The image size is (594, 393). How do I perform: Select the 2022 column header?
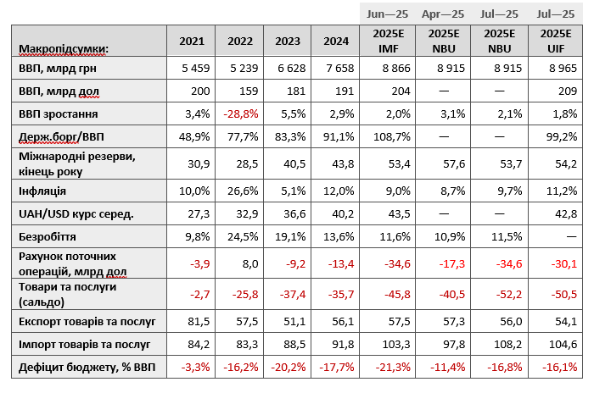pos(240,42)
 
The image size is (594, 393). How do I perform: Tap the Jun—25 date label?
pos(387,14)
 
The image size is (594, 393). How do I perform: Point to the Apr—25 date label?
pos(443,14)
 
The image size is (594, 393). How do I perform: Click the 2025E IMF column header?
pos(389,42)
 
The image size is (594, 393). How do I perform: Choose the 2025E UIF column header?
pos(556,42)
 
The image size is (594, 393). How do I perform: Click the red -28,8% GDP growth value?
pos(241,113)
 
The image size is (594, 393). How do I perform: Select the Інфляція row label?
pos(42,191)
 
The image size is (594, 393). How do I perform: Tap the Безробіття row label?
pos(48,237)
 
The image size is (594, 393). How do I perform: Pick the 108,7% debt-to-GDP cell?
pos(392,136)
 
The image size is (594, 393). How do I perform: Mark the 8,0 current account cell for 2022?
pos(250,263)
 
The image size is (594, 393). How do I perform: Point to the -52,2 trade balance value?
pos(509,294)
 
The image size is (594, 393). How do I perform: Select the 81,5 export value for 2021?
pos(199,322)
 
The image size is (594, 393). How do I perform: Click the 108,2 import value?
pos(508,344)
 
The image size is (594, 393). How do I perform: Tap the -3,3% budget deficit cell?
pos(195,367)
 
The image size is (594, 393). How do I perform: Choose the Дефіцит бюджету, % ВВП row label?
pos(87,367)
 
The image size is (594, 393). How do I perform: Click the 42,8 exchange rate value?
pos(566,213)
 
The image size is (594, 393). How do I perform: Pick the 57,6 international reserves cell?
pos(454,163)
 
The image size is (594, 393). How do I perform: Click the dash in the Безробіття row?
pos(571,237)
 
